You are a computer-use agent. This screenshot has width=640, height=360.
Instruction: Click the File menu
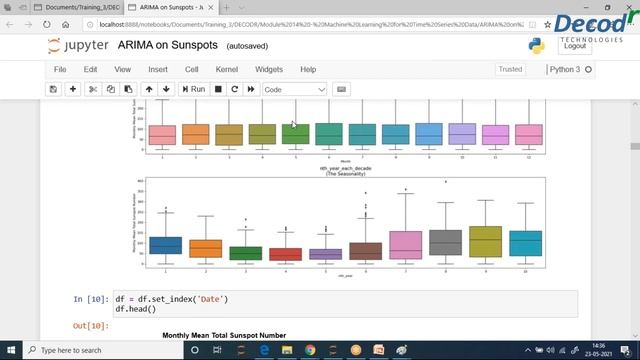(x=60, y=69)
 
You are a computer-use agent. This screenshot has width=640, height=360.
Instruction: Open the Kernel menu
(x=226, y=69)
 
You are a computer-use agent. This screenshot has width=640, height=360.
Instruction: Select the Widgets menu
(x=269, y=69)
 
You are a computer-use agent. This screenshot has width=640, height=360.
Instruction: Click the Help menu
(x=308, y=69)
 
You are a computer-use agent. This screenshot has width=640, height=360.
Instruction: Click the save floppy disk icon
(x=53, y=89)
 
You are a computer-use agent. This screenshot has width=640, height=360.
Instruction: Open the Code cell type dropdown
(x=294, y=89)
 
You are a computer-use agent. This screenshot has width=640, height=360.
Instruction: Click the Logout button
(x=574, y=46)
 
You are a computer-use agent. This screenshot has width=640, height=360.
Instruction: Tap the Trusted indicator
(x=510, y=69)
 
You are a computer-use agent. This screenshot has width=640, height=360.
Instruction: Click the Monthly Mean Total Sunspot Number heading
(x=224, y=336)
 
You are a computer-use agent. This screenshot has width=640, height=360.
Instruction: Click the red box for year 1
(x=166, y=245)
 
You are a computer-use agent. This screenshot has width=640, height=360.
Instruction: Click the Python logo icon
(x=536, y=46)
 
